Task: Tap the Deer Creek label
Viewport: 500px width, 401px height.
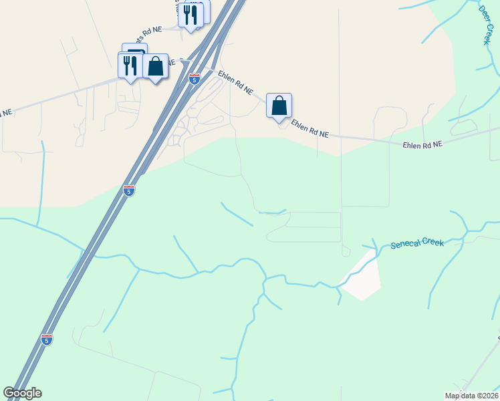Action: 486,25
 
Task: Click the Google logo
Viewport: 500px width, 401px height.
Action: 22,393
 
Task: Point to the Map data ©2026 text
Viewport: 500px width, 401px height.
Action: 471,396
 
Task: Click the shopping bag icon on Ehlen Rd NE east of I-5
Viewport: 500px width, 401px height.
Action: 279,106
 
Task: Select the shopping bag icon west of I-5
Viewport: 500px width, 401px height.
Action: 155,66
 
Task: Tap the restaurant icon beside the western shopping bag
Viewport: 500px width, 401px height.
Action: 130,65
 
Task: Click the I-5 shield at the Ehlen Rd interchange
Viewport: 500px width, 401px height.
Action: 194,79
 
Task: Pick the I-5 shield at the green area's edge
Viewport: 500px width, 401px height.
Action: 130,190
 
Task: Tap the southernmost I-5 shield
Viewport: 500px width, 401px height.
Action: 46,340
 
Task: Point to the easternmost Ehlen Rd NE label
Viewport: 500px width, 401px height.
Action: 422,144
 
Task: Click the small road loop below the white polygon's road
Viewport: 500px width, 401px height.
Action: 346,252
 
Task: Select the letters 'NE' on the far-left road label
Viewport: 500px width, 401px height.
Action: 5,114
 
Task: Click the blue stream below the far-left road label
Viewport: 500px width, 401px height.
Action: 41,174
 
